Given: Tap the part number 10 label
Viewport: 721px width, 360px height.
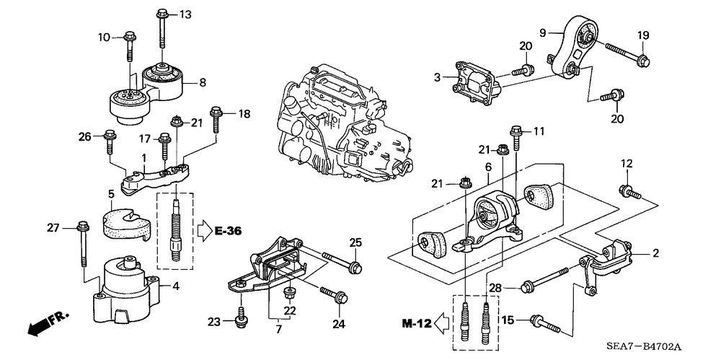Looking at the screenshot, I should coord(104,36).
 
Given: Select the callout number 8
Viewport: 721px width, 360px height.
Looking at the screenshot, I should coord(203,83).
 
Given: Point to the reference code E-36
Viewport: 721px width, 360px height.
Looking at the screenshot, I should coord(227,231).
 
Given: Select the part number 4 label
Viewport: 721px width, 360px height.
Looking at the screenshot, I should coord(175,286).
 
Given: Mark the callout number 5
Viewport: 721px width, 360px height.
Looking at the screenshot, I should coord(111,194).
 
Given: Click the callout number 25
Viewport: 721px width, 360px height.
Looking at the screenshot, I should coord(355,241).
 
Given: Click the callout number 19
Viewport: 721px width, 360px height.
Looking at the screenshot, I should coord(643,35).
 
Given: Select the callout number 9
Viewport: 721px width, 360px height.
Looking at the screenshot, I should coord(543,32).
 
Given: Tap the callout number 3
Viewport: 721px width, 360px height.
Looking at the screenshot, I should coord(436,76).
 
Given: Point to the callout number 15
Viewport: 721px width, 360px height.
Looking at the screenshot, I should coord(508,319).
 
